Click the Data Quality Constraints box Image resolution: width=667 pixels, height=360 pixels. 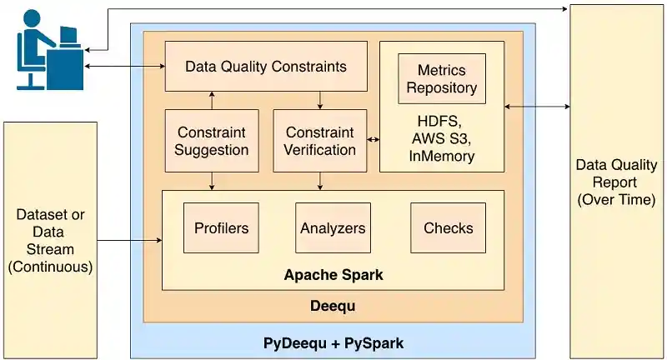(x=266, y=66)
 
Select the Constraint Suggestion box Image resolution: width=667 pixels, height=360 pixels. (x=212, y=141)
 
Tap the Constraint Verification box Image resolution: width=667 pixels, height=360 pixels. (x=320, y=141)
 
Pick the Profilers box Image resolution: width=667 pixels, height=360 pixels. (x=221, y=227)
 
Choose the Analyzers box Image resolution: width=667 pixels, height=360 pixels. (x=333, y=227)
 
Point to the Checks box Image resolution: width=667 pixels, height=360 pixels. (x=448, y=227)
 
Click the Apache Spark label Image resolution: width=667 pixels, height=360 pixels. (x=333, y=274)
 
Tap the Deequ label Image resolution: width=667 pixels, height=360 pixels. (x=333, y=306)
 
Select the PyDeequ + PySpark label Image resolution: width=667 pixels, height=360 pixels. (x=333, y=342)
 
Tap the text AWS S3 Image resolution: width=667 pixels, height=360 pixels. (x=443, y=137)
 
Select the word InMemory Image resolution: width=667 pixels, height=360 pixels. (x=443, y=156)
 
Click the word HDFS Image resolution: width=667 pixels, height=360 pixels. (x=441, y=119)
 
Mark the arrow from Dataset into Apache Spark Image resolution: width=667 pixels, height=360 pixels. (x=129, y=242)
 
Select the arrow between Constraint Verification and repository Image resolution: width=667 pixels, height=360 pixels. (x=373, y=140)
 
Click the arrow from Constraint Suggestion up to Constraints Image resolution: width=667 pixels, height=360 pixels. (x=212, y=100)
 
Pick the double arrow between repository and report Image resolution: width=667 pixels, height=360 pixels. (x=537, y=107)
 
